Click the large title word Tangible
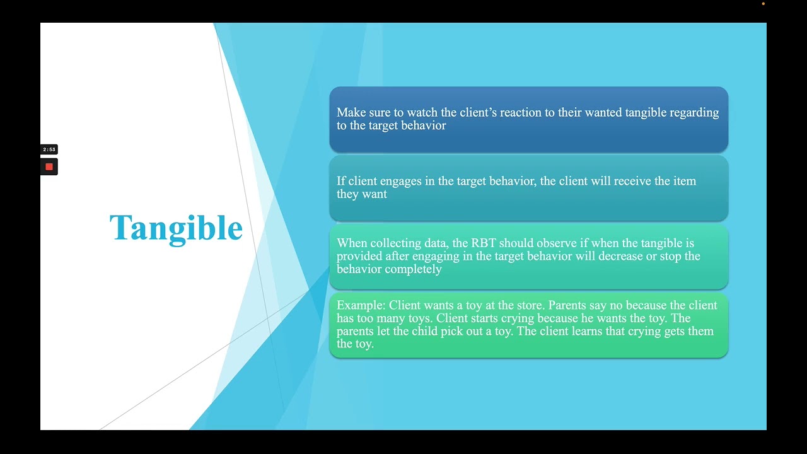176,228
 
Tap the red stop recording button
49,167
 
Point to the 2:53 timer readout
49,149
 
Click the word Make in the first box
350,112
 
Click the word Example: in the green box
361,305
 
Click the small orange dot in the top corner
763,4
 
